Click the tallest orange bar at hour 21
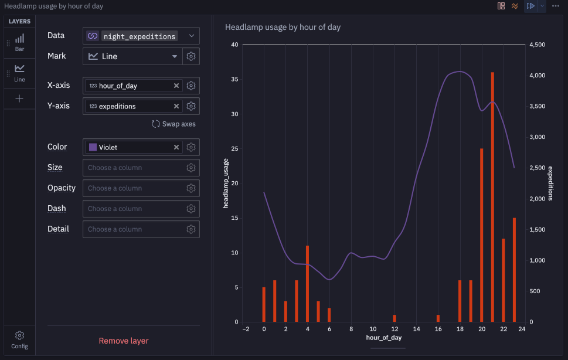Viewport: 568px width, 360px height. click(x=492, y=197)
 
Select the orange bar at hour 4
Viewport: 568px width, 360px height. click(x=308, y=284)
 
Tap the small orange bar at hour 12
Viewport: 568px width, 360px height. click(x=394, y=318)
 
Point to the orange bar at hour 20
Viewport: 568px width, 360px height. click(x=481, y=236)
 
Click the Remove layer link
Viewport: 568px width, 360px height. click(x=124, y=341)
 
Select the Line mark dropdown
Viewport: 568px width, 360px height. click(x=132, y=56)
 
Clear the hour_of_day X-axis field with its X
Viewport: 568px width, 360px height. click(x=176, y=86)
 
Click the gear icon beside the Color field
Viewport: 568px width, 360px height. click(x=191, y=147)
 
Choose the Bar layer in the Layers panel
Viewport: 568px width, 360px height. click(x=19, y=43)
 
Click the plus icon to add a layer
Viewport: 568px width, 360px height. click(x=19, y=99)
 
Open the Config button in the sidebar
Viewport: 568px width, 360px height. click(x=19, y=339)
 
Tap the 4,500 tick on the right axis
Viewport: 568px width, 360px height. click(x=537, y=45)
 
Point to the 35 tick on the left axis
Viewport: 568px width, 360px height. click(x=234, y=79)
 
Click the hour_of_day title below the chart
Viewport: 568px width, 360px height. click(x=383, y=338)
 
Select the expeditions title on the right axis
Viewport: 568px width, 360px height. click(x=550, y=184)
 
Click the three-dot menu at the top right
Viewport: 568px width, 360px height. click(x=555, y=6)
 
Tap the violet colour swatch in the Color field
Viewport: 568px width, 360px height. click(x=93, y=147)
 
